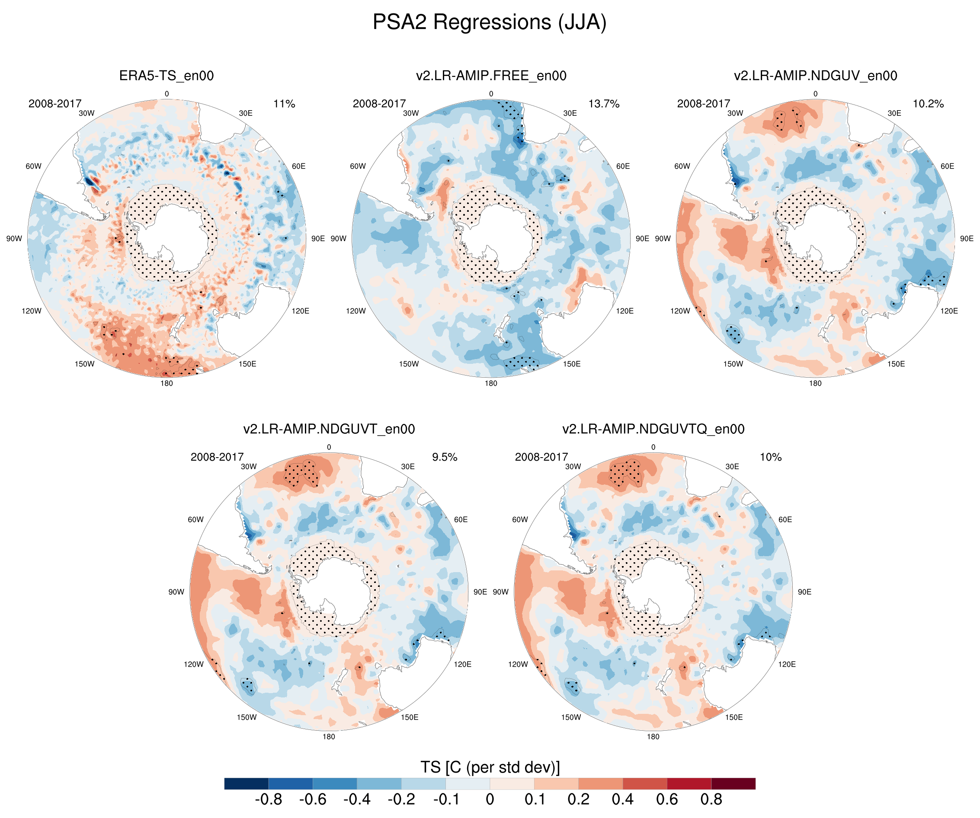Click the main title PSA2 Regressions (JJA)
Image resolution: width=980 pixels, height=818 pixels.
point(490,22)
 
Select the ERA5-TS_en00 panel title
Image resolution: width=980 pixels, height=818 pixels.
point(167,76)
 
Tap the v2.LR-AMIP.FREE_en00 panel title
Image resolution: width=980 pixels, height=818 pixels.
point(491,76)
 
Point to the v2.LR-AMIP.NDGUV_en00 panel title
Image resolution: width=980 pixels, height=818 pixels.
point(815,76)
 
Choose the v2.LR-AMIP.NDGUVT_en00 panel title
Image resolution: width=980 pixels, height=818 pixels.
point(329,429)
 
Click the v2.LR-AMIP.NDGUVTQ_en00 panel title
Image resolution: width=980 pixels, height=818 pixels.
point(653,429)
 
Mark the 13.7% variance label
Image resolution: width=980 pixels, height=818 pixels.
point(604,104)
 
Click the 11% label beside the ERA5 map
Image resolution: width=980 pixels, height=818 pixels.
point(284,104)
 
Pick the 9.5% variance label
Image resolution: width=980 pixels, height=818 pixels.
point(444,457)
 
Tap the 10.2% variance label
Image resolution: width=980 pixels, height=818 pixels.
point(928,104)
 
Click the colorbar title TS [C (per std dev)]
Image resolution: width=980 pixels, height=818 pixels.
point(490,767)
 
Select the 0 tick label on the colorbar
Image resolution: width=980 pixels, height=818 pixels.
point(490,799)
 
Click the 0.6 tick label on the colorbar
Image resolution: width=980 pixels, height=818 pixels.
point(667,799)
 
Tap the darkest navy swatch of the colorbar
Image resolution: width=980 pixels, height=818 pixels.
point(246,783)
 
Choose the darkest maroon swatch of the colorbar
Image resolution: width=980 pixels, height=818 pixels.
point(733,783)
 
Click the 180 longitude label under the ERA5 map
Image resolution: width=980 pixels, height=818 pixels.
point(167,383)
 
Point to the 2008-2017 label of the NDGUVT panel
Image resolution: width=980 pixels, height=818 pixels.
point(217,457)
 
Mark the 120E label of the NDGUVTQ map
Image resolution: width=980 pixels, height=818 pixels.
point(787,664)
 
